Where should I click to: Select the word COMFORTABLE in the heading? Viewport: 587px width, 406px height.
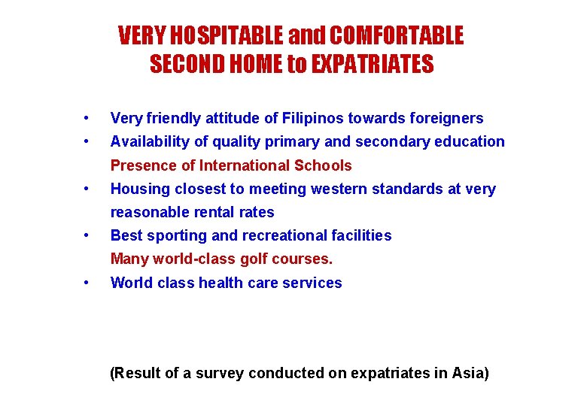[397, 35]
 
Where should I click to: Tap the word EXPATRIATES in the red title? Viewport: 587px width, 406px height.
[373, 65]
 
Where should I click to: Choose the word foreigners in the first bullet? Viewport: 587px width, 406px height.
[446, 118]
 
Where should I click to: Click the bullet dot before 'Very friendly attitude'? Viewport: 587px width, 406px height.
[88, 118]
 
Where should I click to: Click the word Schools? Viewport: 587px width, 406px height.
[324, 165]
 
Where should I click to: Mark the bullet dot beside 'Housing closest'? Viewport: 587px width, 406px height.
[88, 189]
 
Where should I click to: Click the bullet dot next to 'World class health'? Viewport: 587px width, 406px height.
[88, 283]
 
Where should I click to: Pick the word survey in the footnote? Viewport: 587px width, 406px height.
[221, 373]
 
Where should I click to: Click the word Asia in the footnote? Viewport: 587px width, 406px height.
[467, 373]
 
